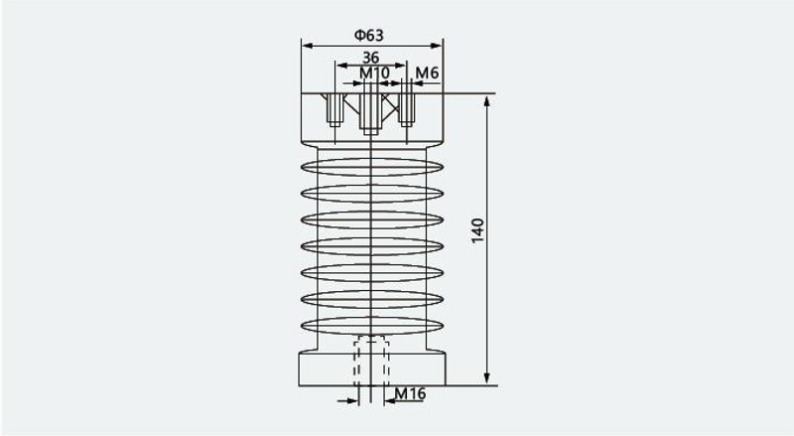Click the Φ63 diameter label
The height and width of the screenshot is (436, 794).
coord(368,35)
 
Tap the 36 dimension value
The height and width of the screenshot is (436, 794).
coord(370,58)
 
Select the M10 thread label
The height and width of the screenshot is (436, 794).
coord(375,73)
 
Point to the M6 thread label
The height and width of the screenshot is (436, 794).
coord(427,73)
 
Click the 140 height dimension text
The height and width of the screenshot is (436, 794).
coord(477,230)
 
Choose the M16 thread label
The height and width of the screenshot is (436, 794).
coord(410,393)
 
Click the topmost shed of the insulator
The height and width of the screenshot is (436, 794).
coord(372,167)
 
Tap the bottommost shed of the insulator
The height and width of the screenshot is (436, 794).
coord(372,326)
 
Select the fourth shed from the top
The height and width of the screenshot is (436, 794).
coord(372,246)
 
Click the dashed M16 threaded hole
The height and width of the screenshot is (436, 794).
coord(371,360)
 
